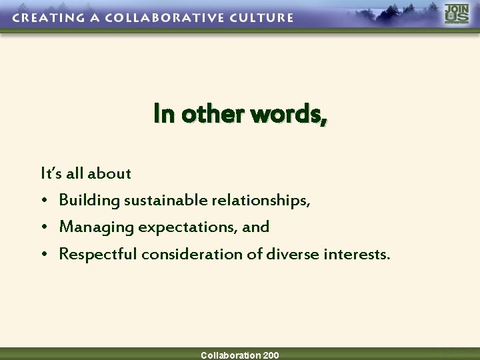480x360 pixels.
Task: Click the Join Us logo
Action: [x=457, y=14]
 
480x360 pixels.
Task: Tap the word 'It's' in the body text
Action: [x=52, y=173]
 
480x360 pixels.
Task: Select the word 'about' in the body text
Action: [x=111, y=173]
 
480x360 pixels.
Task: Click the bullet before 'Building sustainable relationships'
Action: [x=44, y=201]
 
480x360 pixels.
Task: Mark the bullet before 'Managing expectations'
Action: [x=44, y=227]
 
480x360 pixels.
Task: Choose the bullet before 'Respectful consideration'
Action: [x=44, y=254]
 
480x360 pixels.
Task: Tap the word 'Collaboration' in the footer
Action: [x=230, y=355]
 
